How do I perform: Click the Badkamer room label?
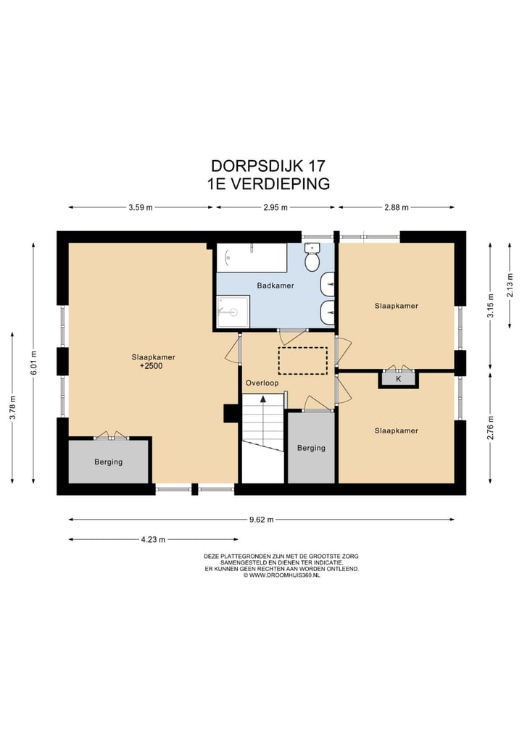275,286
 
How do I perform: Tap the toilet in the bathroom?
312,258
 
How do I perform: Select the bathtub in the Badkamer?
251,257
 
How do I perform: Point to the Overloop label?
262,383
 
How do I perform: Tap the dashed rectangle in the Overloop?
303,360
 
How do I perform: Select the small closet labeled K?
398,379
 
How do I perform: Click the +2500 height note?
153,367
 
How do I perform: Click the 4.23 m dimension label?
152,540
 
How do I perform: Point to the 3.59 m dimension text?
141,207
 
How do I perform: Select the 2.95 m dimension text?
276,207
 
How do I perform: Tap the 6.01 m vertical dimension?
33,362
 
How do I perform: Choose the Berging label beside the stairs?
311,448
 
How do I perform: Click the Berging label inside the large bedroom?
108,462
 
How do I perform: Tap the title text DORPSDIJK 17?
268,166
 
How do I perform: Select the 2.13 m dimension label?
510,288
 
